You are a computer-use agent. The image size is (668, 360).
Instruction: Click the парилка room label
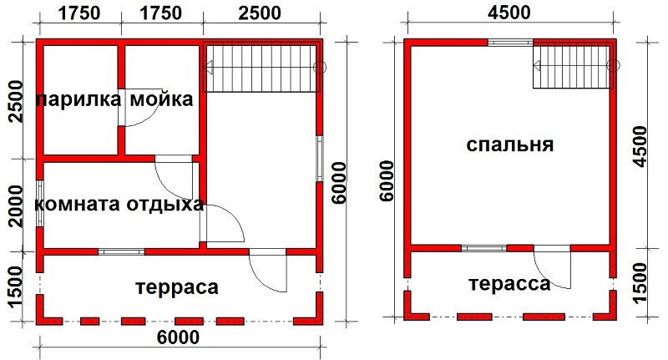pyautogui.click(x=78, y=99)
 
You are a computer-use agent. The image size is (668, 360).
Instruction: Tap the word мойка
pyautogui.click(x=161, y=99)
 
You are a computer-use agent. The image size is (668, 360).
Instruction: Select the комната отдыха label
pyautogui.click(x=119, y=204)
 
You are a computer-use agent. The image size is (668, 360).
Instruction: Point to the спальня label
pyautogui.click(x=510, y=145)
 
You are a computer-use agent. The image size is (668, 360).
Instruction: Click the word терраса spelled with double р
pyautogui.click(x=177, y=287)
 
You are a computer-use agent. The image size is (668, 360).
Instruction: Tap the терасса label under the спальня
pyautogui.click(x=509, y=283)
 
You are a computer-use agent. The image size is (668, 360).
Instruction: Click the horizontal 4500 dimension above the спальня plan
pyautogui.click(x=509, y=13)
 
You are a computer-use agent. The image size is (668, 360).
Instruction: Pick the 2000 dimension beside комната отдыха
pyautogui.click(x=16, y=206)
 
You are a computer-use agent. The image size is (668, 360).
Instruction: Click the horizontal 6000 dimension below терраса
pyautogui.click(x=178, y=337)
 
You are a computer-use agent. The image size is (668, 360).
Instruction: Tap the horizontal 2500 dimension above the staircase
pyautogui.click(x=260, y=13)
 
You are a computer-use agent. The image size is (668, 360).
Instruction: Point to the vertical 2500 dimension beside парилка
pyautogui.click(x=16, y=101)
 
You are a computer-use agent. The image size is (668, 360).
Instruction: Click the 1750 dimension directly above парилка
pyautogui.click(x=79, y=13)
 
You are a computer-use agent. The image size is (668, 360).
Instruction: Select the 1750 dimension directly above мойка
pyautogui.click(x=161, y=13)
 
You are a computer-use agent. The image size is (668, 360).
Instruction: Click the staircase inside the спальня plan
pyautogui.click(x=573, y=67)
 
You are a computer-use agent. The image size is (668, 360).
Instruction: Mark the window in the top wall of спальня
pyautogui.click(x=510, y=42)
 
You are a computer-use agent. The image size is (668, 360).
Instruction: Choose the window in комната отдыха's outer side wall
pyautogui.click(x=39, y=204)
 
